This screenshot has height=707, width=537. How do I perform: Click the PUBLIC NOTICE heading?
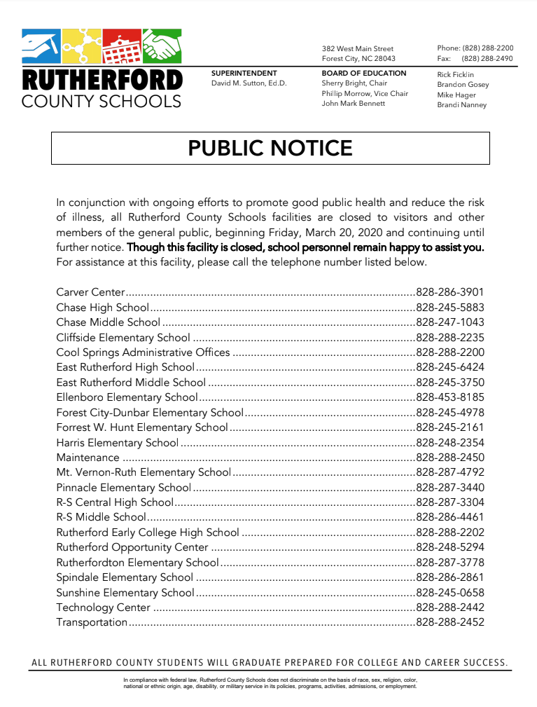click(270, 148)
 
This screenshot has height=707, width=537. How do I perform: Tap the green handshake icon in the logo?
click(162, 48)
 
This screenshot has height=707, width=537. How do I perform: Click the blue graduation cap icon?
click(41, 48)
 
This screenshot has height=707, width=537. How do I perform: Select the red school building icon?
click(122, 48)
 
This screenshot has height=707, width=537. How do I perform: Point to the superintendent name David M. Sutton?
click(249, 83)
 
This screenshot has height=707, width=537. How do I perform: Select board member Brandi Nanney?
click(461, 105)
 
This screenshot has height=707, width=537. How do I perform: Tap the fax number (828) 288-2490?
click(487, 59)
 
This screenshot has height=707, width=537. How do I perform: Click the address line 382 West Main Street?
click(357, 49)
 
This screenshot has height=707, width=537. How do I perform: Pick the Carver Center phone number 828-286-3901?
click(449, 292)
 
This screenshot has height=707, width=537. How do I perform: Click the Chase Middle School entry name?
click(108, 322)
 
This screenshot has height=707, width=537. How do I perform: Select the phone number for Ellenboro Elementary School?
click(449, 397)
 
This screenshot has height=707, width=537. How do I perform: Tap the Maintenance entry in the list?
click(88, 458)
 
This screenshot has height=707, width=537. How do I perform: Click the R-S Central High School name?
click(114, 502)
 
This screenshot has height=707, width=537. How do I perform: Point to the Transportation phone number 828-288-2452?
click(449, 622)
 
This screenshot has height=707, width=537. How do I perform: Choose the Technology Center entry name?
click(103, 608)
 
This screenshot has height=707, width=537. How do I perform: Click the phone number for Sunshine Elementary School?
click(449, 593)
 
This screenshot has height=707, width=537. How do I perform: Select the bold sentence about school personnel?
click(305, 247)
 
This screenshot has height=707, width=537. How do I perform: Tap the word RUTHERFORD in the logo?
click(102, 79)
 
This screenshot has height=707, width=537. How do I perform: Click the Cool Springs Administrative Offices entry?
click(143, 352)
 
